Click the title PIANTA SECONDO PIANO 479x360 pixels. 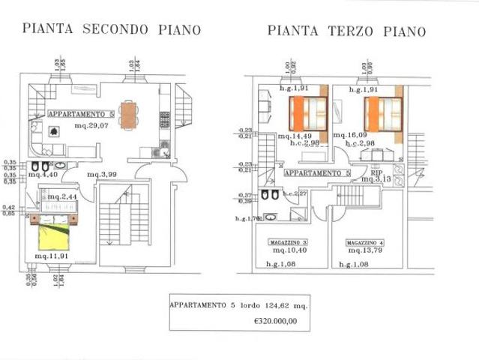pos(112,29)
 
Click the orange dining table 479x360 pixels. pos(129,115)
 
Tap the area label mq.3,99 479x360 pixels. pos(102,175)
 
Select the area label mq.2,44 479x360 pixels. pos(62,196)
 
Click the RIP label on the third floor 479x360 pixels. pos(367,171)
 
